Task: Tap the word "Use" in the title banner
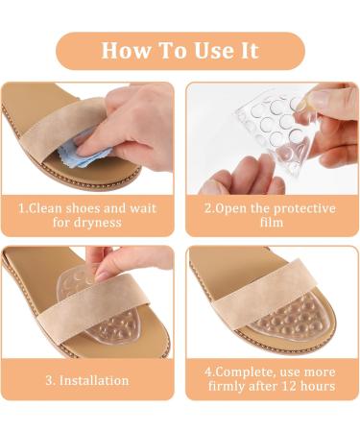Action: point(217,50)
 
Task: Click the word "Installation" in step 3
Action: point(95,380)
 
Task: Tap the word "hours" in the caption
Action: point(320,387)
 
